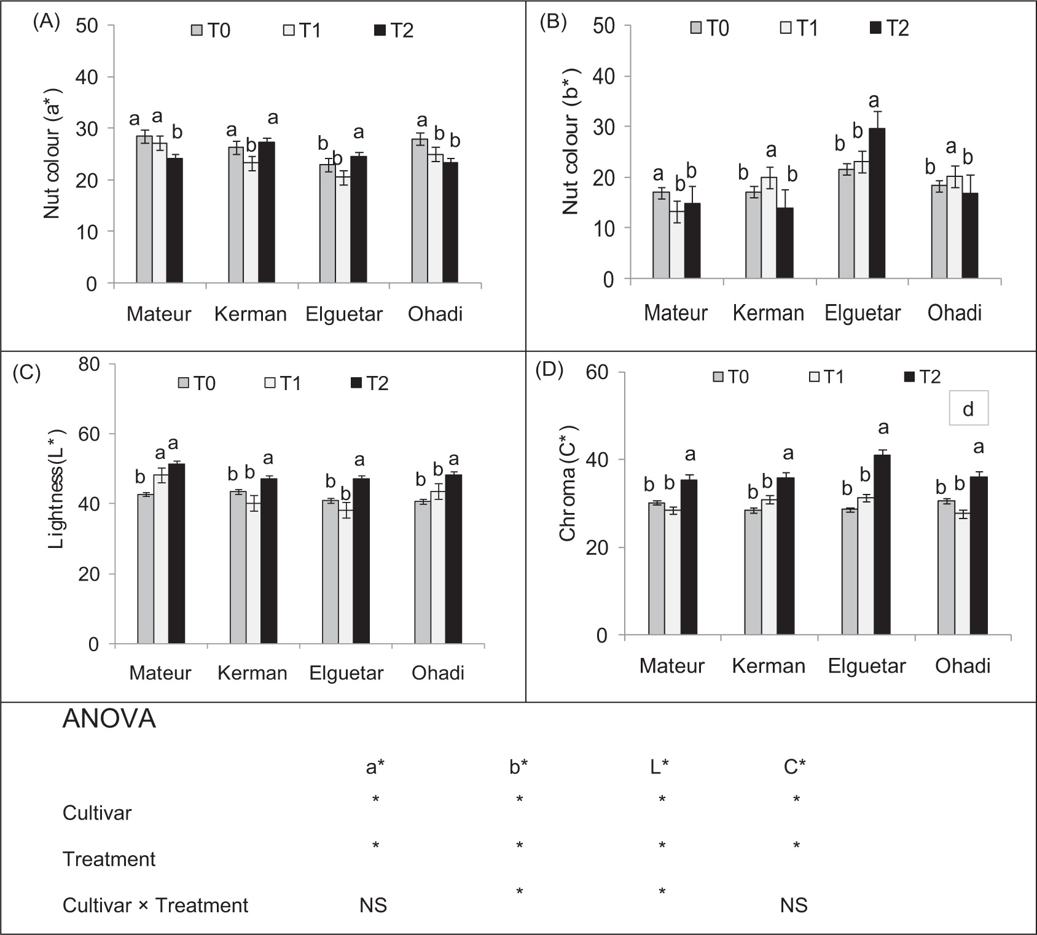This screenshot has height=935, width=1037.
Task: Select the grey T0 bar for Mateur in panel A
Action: click(144, 209)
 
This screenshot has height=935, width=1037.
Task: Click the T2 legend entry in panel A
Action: click(394, 30)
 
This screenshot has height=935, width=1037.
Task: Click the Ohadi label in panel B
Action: click(954, 313)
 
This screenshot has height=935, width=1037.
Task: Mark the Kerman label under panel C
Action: click(252, 673)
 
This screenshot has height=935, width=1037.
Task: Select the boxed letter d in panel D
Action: click(968, 409)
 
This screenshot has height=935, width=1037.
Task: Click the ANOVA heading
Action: click(109, 719)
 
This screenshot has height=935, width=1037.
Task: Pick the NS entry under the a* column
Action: click(374, 905)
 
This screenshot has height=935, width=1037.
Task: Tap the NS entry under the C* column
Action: click(794, 905)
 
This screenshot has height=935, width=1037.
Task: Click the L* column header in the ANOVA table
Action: click(660, 767)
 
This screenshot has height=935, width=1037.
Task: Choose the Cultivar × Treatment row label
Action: click(155, 905)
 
